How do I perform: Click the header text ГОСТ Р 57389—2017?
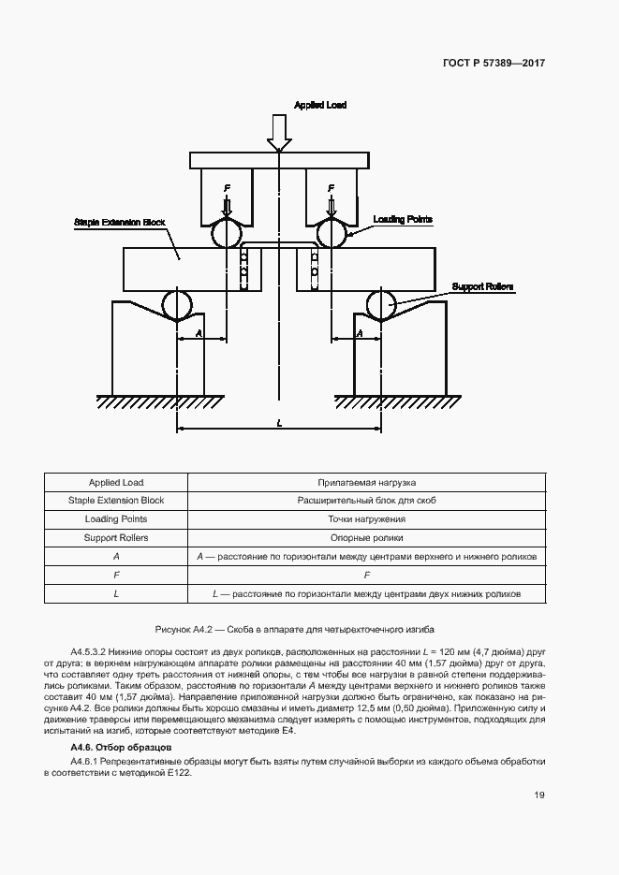[x=494, y=64]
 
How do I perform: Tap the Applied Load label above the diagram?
[x=320, y=106]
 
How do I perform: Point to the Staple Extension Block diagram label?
[x=120, y=223]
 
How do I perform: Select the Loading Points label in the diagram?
[x=403, y=219]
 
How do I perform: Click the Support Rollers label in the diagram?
[x=483, y=286]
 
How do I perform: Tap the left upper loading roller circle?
[x=226, y=234]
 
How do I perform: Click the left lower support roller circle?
[x=177, y=304]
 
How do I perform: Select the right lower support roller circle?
[x=381, y=304]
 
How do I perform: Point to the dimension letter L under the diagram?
[x=279, y=423]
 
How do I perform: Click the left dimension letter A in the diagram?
[x=199, y=332]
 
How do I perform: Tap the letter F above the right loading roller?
[x=331, y=189]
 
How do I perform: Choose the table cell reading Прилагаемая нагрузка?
[x=366, y=483]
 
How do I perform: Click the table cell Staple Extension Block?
[x=116, y=501]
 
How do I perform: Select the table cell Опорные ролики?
[x=366, y=538]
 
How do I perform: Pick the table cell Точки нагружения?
[x=366, y=519]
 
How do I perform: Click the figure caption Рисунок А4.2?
[x=295, y=630]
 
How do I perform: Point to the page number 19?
[x=539, y=795]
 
